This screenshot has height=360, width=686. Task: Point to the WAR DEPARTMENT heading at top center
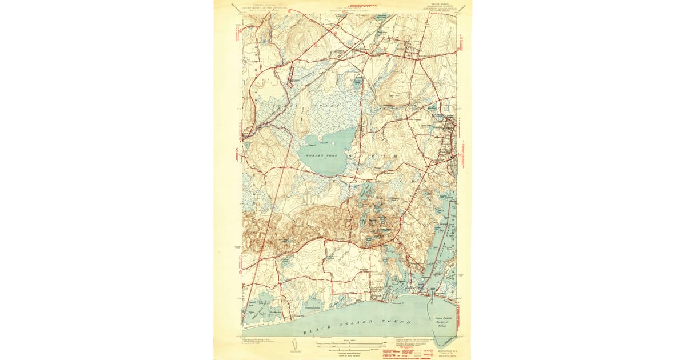350,9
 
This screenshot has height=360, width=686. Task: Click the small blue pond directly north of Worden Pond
358,84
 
